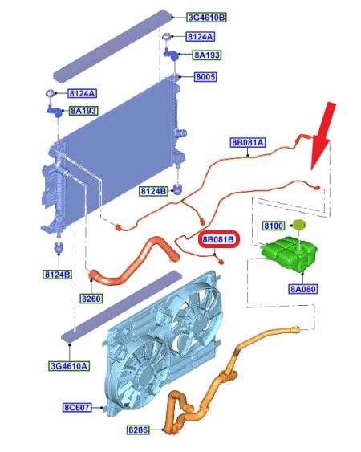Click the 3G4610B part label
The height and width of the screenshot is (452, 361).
click(206, 18)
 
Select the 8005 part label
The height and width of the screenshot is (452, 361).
click(205, 77)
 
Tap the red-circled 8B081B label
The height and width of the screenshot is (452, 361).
click(219, 239)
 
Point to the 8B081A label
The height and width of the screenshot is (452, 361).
click(248, 142)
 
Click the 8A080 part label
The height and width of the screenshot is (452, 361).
click(302, 289)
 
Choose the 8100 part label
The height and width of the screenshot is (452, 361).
click(274, 226)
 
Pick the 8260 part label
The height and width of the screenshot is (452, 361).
click(91, 299)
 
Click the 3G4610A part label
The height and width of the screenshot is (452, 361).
click(69, 366)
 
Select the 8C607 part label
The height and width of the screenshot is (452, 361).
click(77, 407)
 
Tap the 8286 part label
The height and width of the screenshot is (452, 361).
click(138, 430)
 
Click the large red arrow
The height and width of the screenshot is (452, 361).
click(323, 136)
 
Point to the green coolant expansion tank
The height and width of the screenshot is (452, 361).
click(289, 254)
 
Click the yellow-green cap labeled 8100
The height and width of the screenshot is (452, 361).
click(298, 225)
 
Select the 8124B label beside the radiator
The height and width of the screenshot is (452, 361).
click(153, 191)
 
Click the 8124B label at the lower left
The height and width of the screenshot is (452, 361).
click(58, 275)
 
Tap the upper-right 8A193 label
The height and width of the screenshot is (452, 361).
click(207, 55)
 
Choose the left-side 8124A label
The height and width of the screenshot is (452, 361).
click(83, 93)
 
